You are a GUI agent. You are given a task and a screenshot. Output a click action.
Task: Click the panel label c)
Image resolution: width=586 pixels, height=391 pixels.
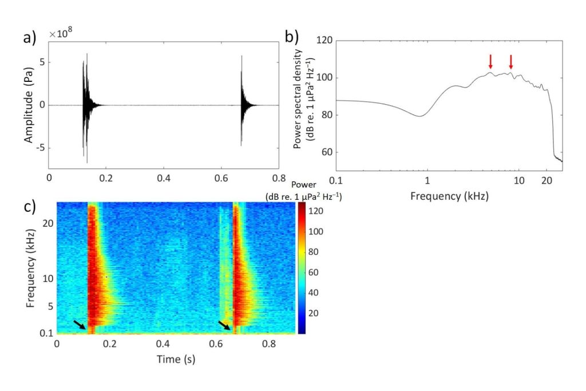click(x=29, y=206)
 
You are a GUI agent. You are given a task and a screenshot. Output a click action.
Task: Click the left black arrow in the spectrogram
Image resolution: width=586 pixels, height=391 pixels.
click(x=80, y=325)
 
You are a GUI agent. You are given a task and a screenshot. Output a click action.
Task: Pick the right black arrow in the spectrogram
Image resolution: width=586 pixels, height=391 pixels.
click(x=225, y=325)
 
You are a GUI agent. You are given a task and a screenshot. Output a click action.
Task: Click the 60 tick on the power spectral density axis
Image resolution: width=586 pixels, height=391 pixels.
click(x=327, y=153)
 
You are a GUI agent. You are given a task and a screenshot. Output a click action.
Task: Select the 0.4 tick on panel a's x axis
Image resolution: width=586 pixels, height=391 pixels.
click(x=164, y=178)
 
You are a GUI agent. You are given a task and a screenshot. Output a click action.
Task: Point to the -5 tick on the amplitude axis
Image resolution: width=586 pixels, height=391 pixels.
click(x=41, y=148)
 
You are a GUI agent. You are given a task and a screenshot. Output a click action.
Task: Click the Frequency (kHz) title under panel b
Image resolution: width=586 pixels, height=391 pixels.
click(x=449, y=196)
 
